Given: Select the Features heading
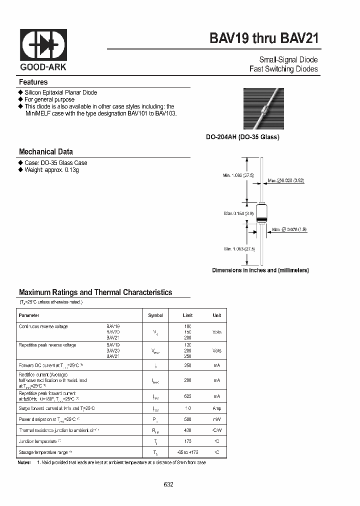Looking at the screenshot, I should [x=33, y=82].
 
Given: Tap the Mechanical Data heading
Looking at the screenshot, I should [x=46, y=151].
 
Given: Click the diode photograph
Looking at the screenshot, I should [x=263, y=108].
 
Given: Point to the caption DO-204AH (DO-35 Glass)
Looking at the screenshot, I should [x=243, y=137].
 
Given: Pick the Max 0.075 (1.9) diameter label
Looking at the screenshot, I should [x=289, y=229].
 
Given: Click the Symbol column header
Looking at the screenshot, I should [x=156, y=315].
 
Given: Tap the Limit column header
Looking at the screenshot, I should [x=187, y=315].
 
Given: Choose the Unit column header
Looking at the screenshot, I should [x=216, y=315].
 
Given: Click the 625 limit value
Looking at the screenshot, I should [x=187, y=396].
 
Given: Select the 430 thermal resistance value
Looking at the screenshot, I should [x=187, y=430].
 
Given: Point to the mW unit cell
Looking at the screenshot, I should [x=216, y=419].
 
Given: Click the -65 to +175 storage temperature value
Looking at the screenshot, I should [x=187, y=452].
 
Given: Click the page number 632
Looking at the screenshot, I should [x=168, y=484].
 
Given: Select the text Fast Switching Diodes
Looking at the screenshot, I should [x=283, y=69].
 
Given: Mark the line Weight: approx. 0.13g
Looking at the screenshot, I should [x=52, y=170].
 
